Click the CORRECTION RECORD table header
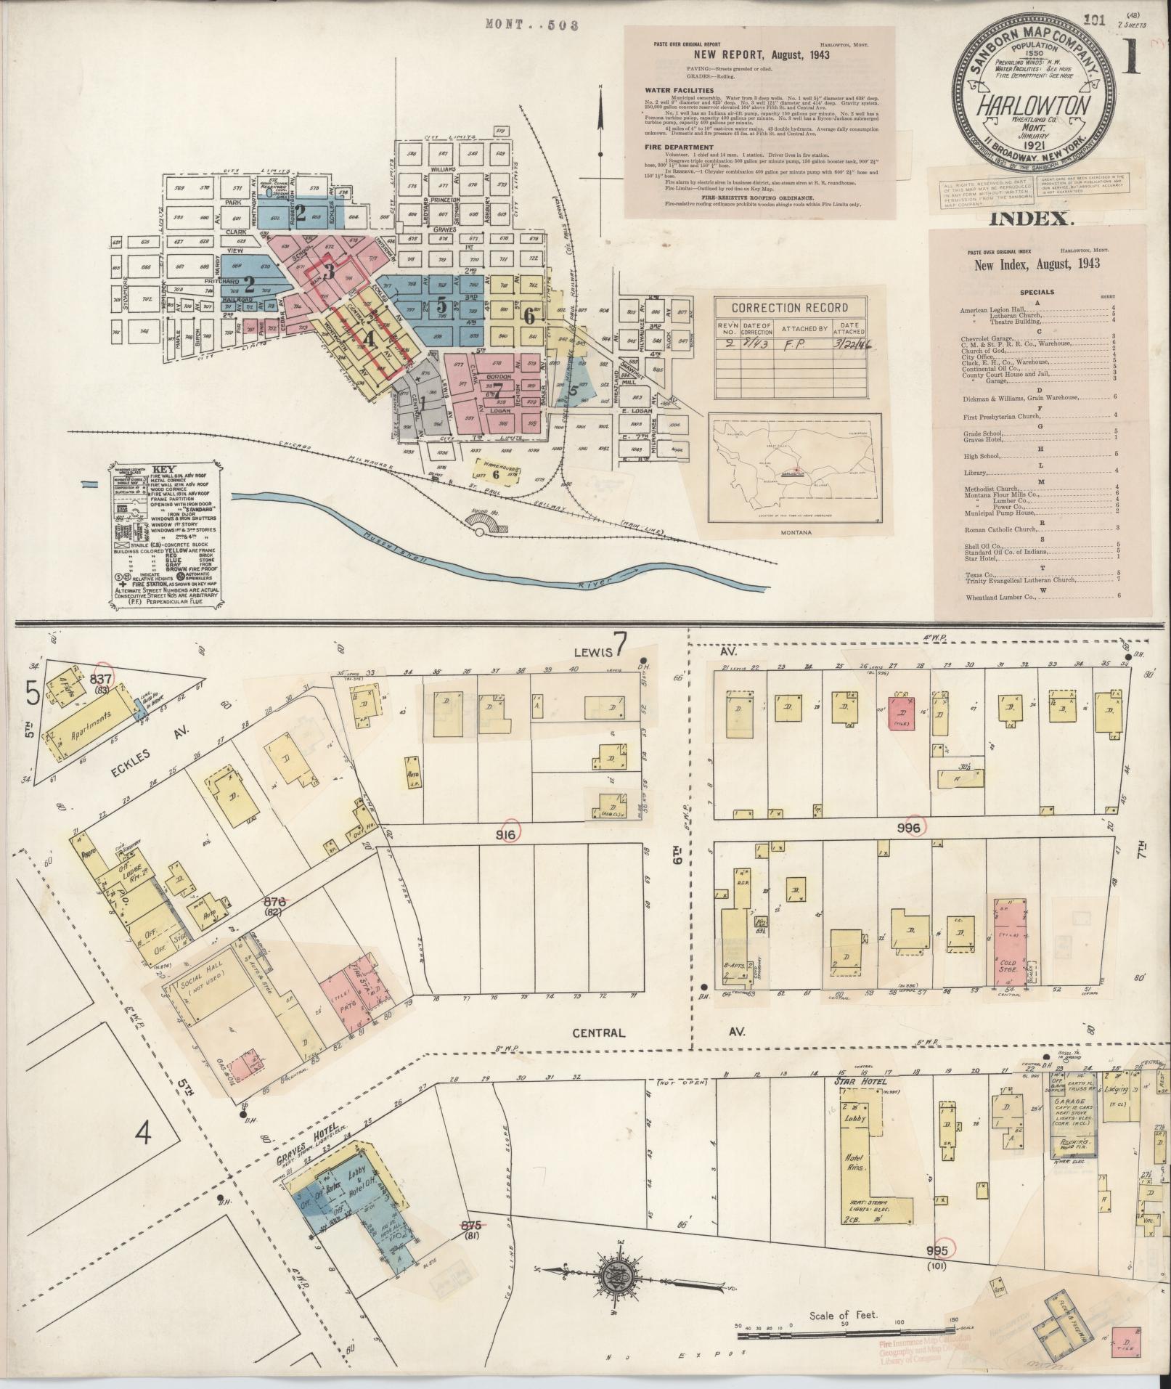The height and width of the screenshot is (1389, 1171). [790, 307]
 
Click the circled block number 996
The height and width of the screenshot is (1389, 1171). [909, 827]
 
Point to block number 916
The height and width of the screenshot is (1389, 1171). [505, 835]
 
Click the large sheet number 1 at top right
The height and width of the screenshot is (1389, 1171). [1132, 58]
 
